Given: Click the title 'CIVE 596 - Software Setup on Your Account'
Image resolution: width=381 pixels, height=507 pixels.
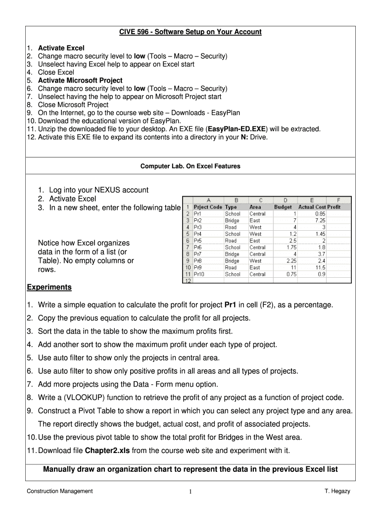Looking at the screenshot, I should pyautogui.click(x=190, y=32).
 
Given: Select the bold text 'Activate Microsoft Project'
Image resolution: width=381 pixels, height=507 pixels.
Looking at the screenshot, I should pyautogui.click(x=80, y=80).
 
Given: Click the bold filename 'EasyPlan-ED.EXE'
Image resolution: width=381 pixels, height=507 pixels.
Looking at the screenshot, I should pyautogui.click(x=238, y=129).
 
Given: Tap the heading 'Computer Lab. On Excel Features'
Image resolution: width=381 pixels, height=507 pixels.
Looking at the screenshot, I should pyautogui.click(x=190, y=166).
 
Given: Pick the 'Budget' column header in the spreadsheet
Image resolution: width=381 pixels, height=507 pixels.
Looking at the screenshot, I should pyautogui.click(x=284, y=207).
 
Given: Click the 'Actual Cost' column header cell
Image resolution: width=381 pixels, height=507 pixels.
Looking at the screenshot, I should pyautogui.click(x=312, y=207).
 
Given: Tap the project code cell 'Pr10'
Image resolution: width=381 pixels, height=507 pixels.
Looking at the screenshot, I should pyautogui.click(x=200, y=274).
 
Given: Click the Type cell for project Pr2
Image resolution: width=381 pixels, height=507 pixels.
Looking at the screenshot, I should pyautogui.click(x=232, y=220).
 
